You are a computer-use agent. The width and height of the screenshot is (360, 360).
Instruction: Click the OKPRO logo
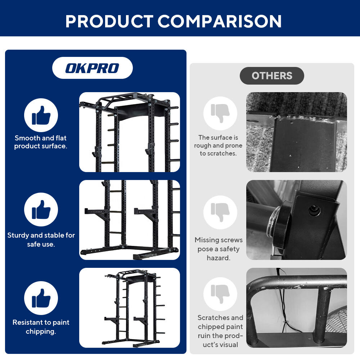coord(92,68)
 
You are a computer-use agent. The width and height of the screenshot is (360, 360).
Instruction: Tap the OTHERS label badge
coord(272,76)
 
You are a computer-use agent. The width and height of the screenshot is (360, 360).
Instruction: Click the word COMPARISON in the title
coord(220,21)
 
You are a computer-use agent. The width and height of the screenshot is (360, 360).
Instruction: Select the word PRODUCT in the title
coord(109,21)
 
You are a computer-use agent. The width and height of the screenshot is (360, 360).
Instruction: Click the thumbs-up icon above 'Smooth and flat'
coord(41,115)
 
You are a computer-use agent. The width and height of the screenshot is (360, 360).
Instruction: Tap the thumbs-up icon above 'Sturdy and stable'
coord(41,210)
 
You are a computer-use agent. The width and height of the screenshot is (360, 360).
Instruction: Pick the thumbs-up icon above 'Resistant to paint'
coord(41,298)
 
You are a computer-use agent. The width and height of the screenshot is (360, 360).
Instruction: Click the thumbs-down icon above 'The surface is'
coord(220,113)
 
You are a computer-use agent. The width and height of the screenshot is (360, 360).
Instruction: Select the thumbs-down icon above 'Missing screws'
coord(220,212)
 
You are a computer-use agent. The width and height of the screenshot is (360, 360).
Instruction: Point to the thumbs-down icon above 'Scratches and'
coord(220,294)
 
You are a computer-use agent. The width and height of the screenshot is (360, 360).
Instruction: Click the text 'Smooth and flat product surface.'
coord(41,142)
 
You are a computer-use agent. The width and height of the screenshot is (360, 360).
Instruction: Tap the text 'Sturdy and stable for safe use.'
coord(41,239)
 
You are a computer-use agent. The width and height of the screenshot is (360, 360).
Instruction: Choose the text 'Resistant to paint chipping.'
coord(41,327)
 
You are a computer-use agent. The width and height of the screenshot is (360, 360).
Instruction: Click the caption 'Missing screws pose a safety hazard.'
coord(219,249)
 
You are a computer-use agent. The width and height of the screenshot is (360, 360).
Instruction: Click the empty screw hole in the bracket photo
coord(314,210)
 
